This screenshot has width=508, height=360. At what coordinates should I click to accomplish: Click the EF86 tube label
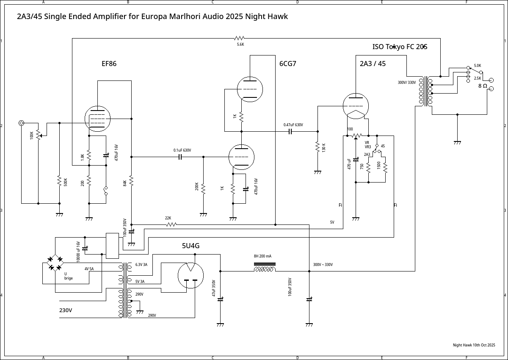(x=109, y=64)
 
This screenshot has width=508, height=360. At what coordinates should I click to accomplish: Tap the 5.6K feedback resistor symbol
(x=240, y=38)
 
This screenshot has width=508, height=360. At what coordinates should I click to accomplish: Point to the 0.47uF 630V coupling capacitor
(x=290, y=131)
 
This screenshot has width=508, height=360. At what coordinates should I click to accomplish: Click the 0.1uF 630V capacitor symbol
(x=180, y=157)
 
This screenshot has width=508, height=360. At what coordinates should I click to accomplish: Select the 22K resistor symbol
(x=171, y=224)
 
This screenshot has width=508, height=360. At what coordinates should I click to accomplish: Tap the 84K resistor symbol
(x=131, y=181)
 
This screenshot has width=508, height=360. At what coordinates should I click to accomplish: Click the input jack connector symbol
(x=22, y=123)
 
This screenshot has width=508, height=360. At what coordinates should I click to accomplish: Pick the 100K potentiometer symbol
(x=38, y=135)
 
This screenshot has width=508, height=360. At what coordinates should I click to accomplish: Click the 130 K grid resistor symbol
(x=317, y=147)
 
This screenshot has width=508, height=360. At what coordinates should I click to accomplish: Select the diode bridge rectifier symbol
(x=55, y=263)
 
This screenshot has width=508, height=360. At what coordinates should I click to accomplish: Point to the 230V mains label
(x=66, y=310)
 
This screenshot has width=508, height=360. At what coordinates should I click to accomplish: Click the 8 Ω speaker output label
(x=483, y=86)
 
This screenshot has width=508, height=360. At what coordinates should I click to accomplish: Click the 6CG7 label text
(x=287, y=64)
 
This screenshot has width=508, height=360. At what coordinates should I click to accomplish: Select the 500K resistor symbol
(x=59, y=181)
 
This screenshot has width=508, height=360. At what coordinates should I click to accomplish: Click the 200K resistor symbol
(x=203, y=187)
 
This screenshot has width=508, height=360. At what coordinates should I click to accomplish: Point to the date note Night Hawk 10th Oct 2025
(x=474, y=345)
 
